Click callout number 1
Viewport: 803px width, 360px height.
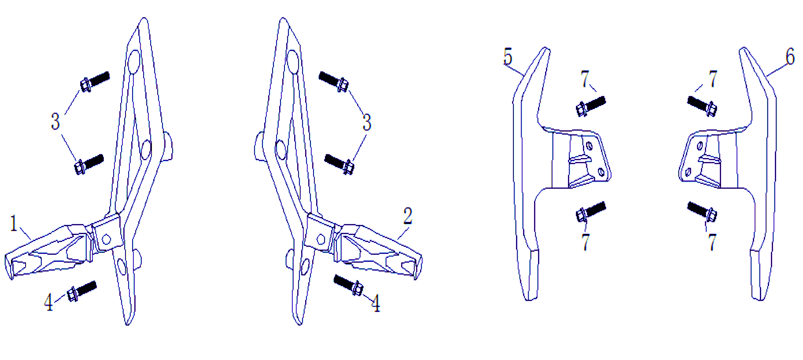click(14, 223)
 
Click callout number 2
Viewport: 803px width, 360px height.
click(408, 216)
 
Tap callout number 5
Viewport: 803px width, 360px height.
click(508, 56)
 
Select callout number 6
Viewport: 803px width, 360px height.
click(790, 56)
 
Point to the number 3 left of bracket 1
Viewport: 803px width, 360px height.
click(55, 121)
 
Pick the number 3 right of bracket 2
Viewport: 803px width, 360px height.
click(367, 122)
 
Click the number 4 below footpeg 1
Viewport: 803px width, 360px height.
click(48, 302)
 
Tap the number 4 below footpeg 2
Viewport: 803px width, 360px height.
click(376, 303)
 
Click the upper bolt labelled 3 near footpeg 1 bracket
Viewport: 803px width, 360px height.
click(95, 81)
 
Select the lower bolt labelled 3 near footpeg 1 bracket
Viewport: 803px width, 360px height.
click(89, 164)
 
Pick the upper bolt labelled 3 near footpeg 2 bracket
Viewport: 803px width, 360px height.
click(334, 82)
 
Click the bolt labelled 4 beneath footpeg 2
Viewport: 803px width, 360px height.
click(348, 285)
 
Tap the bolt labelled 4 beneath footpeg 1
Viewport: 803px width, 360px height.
click(81, 291)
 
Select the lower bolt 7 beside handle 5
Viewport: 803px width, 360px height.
click(591, 212)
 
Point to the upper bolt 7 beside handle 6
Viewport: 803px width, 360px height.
click(702, 106)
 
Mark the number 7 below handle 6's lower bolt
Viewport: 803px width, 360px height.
click(712, 242)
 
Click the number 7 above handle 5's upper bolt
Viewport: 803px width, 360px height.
click(585, 79)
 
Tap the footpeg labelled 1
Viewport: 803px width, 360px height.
click(48, 251)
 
